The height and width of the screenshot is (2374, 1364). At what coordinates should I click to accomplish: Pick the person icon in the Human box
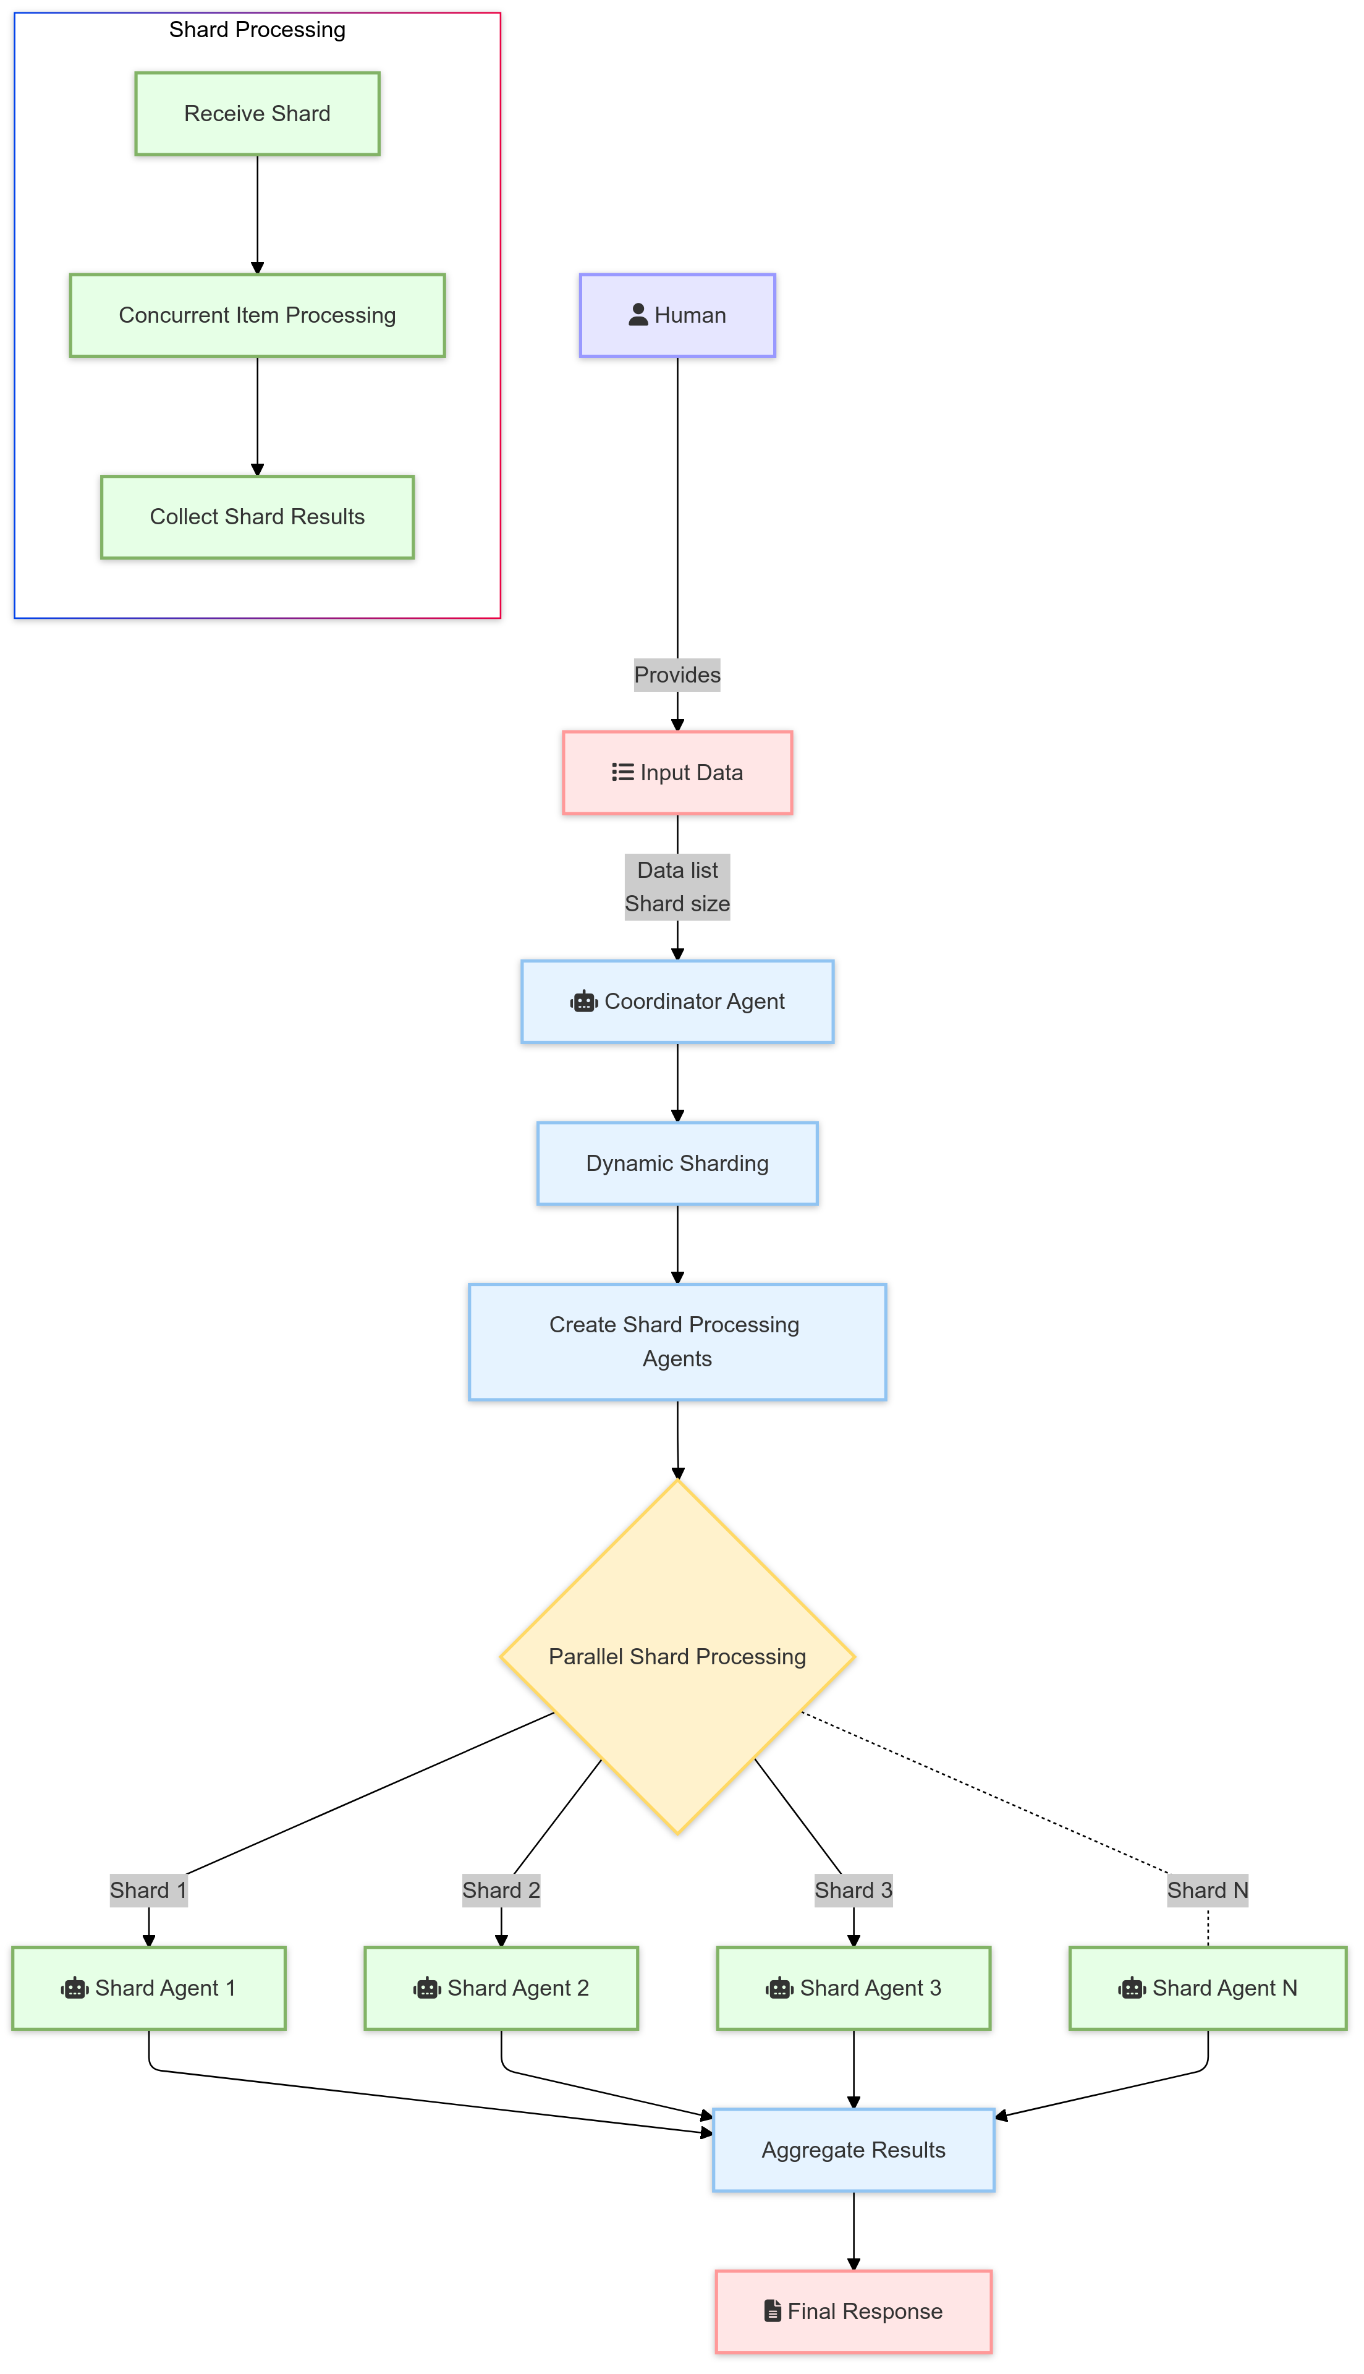click(x=638, y=315)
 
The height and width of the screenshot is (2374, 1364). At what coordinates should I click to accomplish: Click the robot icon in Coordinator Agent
click(x=583, y=1002)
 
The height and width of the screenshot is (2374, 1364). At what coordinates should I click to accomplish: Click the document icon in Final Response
click(x=772, y=2311)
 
